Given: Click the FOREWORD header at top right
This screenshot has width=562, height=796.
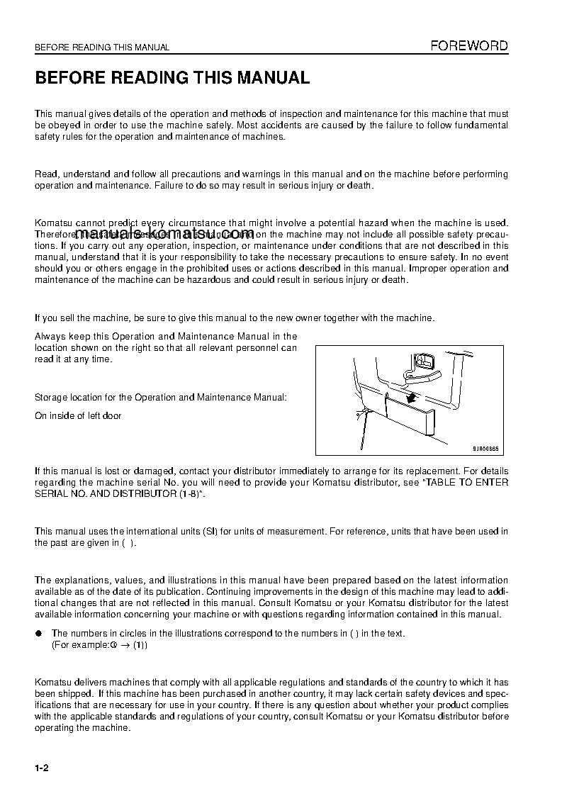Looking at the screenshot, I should [x=469, y=46].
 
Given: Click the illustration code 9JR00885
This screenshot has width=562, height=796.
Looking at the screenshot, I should [x=485, y=448].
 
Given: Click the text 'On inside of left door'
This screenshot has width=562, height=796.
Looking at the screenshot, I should [x=78, y=416].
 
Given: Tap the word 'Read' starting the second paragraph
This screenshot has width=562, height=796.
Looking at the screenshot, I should [x=46, y=174].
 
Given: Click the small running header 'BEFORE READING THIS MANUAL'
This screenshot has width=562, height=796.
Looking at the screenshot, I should [x=102, y=47].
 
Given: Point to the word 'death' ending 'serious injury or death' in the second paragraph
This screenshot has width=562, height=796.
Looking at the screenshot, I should [x=359, y=186].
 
